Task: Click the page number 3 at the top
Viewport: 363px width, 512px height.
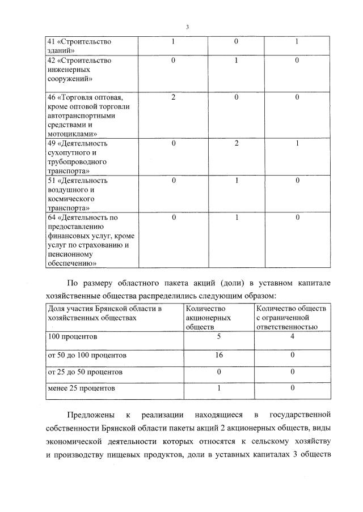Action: pyautogui.click(x=187, y=27)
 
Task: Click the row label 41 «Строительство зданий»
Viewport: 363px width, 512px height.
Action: pyautogui.click(x=79, y=46)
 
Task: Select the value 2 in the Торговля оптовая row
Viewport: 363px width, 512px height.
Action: pyautogui.click(x=174, y=97)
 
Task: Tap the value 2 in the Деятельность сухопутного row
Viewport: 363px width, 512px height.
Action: pyautogui.click(x=236, y=143)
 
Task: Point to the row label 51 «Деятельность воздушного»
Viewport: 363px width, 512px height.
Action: pyautogui.click(x=78, y=194)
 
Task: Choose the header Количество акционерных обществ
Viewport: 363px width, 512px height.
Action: pyautogui.click(x=209, y=318)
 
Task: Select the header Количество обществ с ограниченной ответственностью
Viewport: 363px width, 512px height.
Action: pyautogui.click(x=291, y=318)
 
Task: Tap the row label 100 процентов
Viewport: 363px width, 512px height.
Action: pyautogui.click(x=73, y=336)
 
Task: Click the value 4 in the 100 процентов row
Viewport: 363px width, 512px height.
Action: pyautogui.click(x=292, y=336)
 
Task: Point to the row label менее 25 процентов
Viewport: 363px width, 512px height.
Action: pyautogui.click(x=82, y=389)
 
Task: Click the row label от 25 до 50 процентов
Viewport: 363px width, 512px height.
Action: pyautogui.click(x=85, y=372)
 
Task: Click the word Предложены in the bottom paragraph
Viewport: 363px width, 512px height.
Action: pyautogui.click(x=89, y=415)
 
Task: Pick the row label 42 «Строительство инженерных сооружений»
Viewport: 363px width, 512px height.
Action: pyautogui.click(x=79, y=70)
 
